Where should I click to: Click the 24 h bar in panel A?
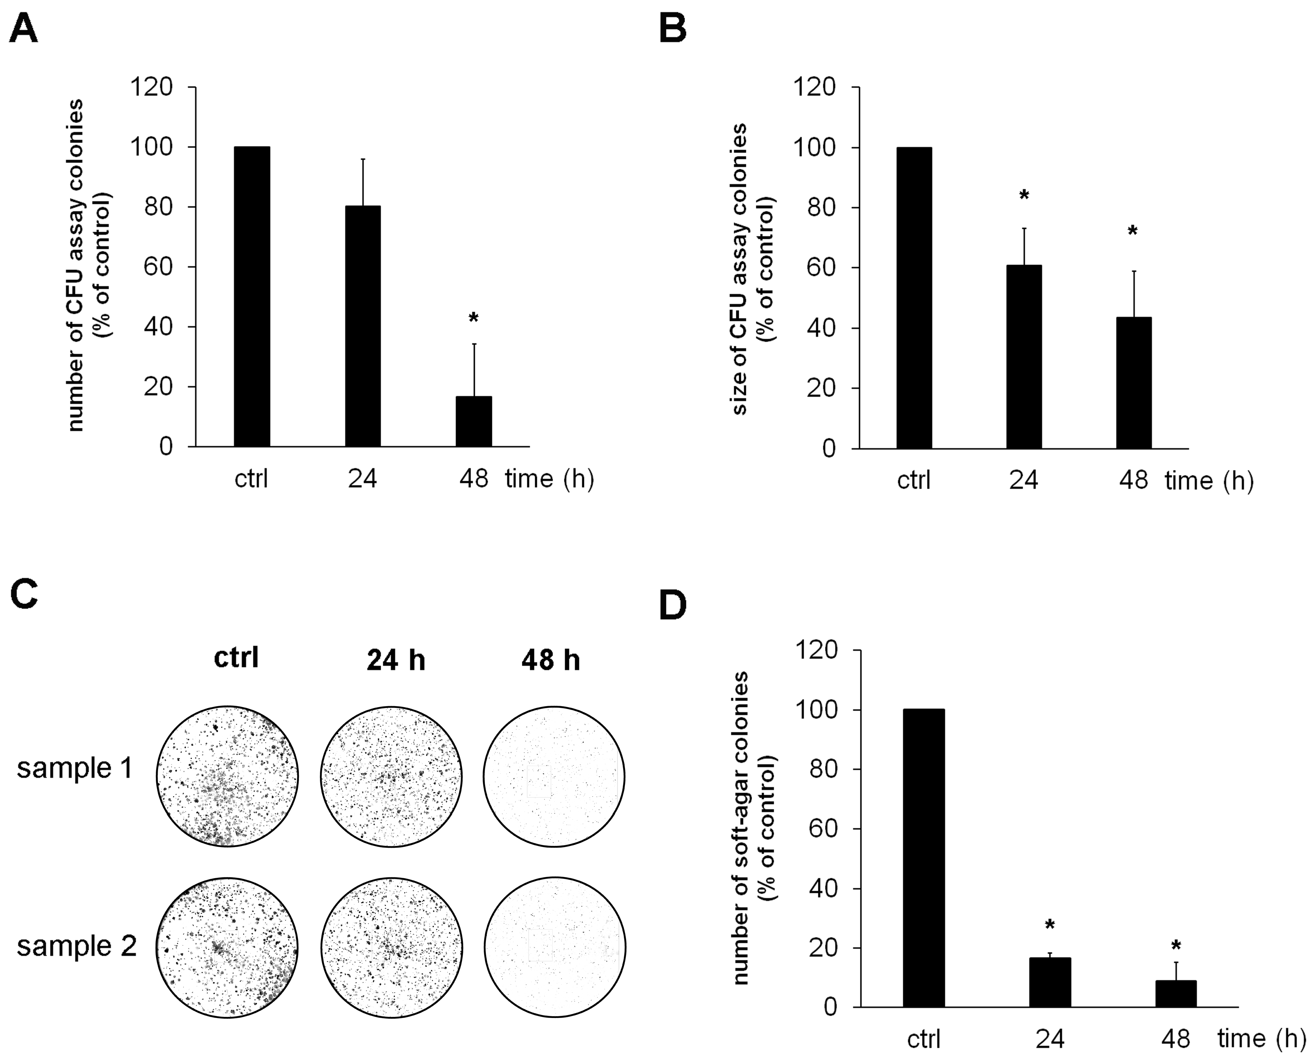(363, 326)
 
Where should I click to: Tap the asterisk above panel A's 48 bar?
(474, 318)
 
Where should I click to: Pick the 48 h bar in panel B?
(1134, 383)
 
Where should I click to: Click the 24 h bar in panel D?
(1050, 982)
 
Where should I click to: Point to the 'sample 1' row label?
(75, 769)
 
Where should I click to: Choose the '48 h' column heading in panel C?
(551, 661)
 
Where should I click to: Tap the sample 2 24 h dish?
(391, 947)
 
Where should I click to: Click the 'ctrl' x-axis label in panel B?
(914, 481)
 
